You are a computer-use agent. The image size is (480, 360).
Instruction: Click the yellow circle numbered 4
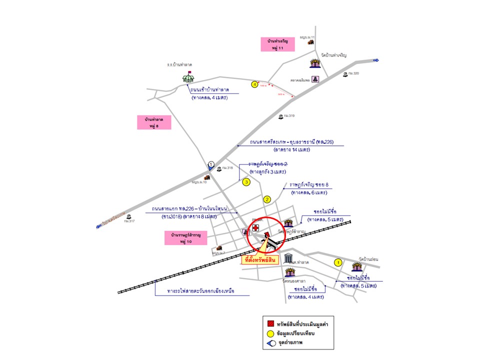[x=255, y=84]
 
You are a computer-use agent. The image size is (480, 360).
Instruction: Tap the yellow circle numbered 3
[x=246, y=182]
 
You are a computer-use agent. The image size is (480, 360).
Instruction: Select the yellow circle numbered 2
[x=267, y=199]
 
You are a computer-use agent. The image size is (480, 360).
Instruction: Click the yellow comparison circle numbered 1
[x=337, y=262]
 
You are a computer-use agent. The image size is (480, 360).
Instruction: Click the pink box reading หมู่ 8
[x=154, y=122]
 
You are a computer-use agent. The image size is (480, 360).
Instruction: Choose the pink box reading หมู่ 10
[x=185, y=237]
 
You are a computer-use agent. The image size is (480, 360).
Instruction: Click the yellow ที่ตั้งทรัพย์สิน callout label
[x=259, y=260]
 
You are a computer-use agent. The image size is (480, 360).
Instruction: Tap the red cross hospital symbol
[x=255, y=228]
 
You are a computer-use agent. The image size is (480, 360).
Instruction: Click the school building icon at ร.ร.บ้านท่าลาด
[x=188, y=77]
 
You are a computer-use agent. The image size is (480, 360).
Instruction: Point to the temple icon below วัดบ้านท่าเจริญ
[x=315, y=63]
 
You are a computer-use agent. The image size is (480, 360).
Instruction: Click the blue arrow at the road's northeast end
[x=376, y=60]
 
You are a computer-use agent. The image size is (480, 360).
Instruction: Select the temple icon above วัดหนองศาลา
[x=290, y=273]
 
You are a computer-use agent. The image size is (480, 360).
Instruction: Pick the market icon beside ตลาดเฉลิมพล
[x=316, y=79]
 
